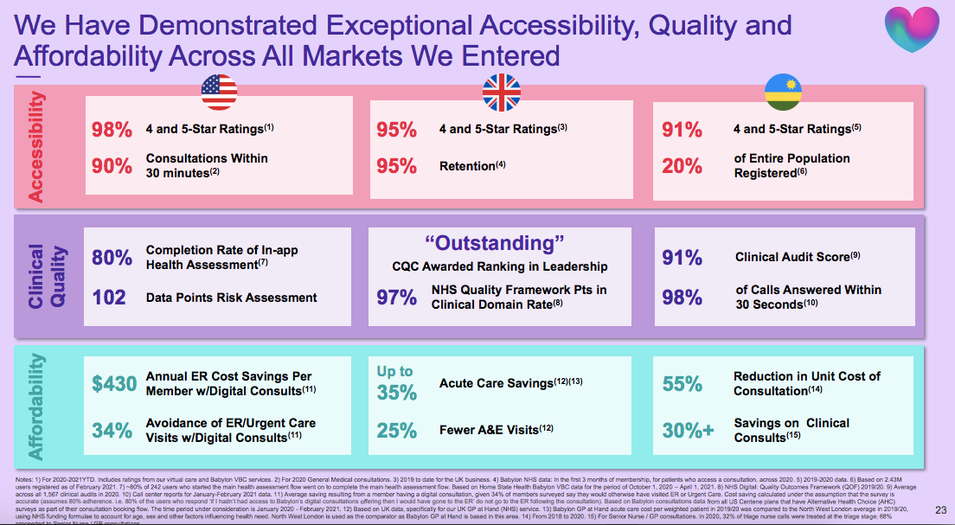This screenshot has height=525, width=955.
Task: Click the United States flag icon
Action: click(219, 90)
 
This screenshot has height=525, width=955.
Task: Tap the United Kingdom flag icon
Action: click(502, 91)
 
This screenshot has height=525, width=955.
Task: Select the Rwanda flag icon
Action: click(783, 91)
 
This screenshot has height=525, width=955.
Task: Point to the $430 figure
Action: click(113, 383)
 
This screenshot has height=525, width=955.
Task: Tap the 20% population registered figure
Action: click(682, 165)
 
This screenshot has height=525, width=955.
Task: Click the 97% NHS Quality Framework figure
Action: click(396, 298)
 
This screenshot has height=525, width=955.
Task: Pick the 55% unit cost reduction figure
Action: click(682, 383)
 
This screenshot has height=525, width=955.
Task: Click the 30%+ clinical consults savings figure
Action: click(688, 430)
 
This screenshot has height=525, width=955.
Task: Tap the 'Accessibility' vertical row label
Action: click(35, 147)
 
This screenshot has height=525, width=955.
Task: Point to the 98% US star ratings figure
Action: click(112, 130)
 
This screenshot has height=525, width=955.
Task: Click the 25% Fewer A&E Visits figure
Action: click(396, 430)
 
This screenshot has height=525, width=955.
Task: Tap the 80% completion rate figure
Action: click(112, 258)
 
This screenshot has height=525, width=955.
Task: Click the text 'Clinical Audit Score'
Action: click(791, 257)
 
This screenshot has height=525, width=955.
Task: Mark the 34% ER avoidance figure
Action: click(112, 430)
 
